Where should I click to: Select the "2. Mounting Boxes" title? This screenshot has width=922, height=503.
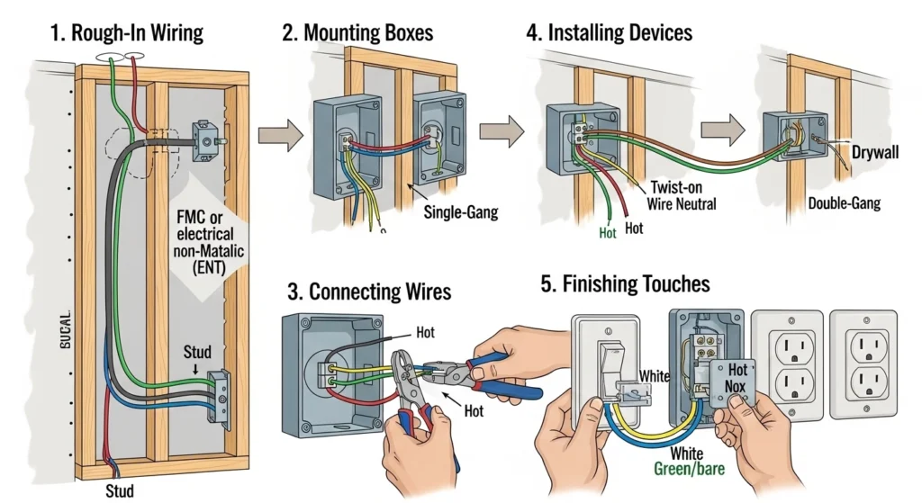click(x=357, y=33)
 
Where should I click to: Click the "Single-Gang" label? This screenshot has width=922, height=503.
click(x=460, y=213)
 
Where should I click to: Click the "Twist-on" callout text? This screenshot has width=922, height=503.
click(x=680, y=187)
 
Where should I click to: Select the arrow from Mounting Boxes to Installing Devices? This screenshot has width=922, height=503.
click(x=501, y=130)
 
